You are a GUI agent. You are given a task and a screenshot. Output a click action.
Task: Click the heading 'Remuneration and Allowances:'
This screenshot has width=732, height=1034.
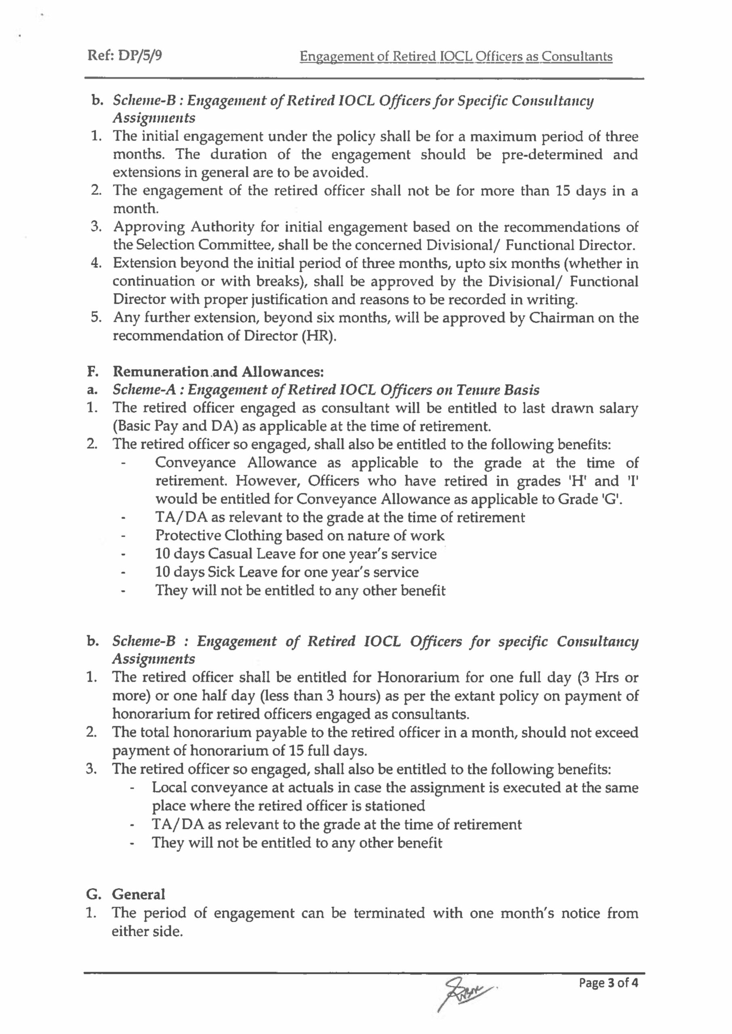click(x=218, y=372)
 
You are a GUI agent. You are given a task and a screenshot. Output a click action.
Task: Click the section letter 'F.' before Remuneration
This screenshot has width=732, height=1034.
click(x=93, y=372)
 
